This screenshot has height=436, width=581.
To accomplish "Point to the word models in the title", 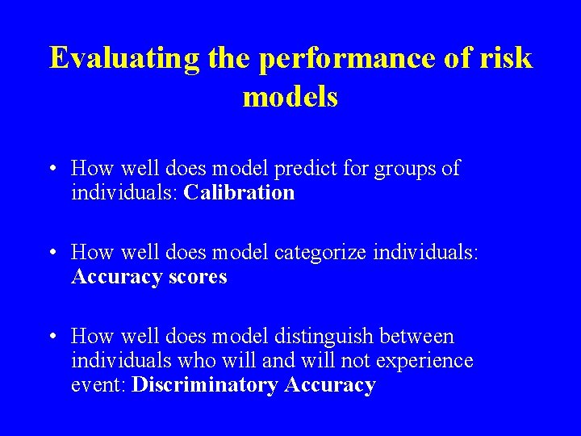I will (290, 97).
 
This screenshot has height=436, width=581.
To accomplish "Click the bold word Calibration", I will (239, 193).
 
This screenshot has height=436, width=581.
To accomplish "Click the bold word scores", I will (196, 277).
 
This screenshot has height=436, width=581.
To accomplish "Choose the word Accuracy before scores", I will (115, 277).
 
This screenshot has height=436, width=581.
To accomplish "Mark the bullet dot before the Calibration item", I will (52, 169).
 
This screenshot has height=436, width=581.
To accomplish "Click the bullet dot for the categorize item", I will (52, 253).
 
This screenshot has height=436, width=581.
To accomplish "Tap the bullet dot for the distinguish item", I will (52, 337).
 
